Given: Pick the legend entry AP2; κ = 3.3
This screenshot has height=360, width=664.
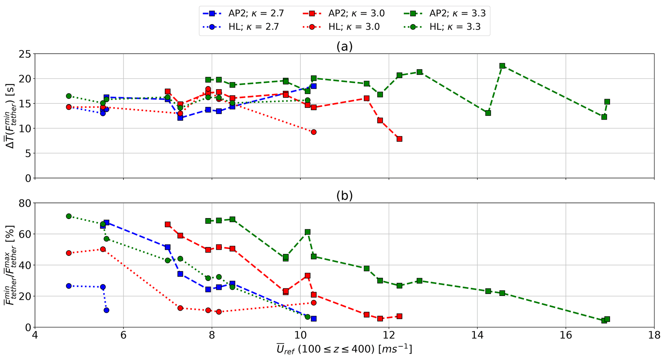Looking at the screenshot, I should pos(445,13).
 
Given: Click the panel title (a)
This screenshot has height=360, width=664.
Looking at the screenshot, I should pos(344,47).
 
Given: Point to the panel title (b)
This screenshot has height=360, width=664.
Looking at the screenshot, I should pos(344,196).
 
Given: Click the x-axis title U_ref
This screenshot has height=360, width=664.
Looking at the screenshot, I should pos(344,349).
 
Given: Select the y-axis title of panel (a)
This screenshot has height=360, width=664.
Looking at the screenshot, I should pos(12,116).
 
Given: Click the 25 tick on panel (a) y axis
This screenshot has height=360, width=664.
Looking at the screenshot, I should pos(24,54).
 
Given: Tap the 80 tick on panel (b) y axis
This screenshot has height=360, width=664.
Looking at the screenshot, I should pos(24,203).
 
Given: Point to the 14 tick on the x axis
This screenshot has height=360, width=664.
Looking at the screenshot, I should pos(477,336).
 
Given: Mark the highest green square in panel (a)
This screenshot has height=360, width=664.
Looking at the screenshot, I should pos(502,66).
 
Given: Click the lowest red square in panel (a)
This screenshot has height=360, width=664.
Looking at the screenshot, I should pos(399,139).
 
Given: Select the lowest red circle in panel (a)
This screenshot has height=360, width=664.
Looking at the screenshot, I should pos(314,132).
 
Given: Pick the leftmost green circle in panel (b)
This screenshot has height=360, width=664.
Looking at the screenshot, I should pos(69,216).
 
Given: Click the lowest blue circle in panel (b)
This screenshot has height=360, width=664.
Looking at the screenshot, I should pos(106,310).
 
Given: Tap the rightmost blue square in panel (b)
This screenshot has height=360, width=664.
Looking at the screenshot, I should pos(314,319).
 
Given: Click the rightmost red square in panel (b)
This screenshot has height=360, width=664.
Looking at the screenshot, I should pos(399,316).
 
